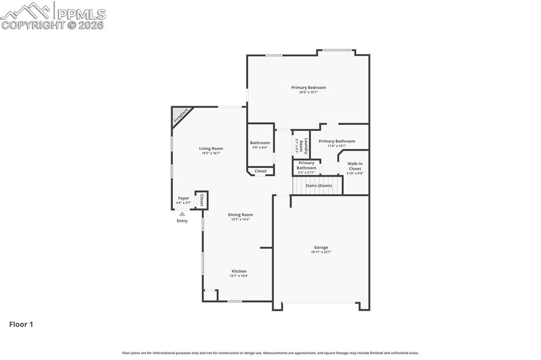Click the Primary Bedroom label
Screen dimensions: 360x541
click(308, 88)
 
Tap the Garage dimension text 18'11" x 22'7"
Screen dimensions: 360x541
click(321, 252)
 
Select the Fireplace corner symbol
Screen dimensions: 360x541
click(180, 116)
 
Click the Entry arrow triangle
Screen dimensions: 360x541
click(182, 214)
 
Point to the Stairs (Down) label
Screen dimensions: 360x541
click(319, 186)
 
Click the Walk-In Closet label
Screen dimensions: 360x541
click(355, 166)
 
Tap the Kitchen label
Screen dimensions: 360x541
click(239, 271)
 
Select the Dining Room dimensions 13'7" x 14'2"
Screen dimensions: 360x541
click(240, 220)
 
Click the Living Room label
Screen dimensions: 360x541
click(211, 149)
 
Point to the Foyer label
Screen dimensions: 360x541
click(183, 198)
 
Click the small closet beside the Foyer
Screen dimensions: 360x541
click(201, 201)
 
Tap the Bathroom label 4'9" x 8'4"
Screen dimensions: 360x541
click(260, 143)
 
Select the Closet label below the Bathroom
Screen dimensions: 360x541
click(260, 171)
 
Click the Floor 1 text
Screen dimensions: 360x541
click(21, 325)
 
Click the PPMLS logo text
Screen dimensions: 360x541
click(81, 14)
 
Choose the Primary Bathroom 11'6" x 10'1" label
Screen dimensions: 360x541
click(337, 141)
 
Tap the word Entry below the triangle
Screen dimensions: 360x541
click(182, 221)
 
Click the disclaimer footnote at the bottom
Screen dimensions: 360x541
click(270, 353)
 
